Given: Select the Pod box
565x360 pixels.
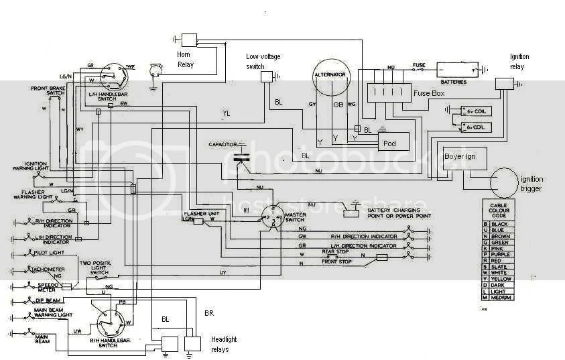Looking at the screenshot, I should tap(388, 143).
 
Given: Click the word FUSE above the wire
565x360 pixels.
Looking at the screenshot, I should tap(420, 64).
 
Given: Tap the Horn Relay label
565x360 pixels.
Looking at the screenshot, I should tap(187, 59).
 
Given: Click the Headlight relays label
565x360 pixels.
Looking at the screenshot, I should tap(223, 343).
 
